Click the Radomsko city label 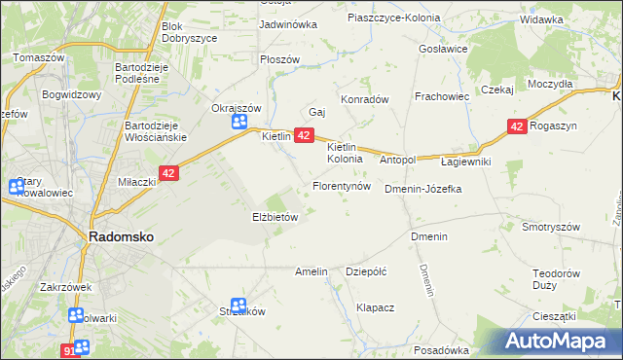click(x=120, y=236)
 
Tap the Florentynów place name click(x=341, y=185)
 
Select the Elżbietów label click(x=275, y=218)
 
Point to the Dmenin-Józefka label click(x=422, y=189)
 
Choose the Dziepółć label click(x=367, y=272)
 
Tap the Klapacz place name click(x=375, y=307)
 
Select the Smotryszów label click(x=551, y=227)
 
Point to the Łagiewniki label click(x=465, y=162)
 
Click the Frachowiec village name click(x=442, y=97)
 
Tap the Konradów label click(x=364, y=99)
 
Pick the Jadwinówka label click(x=289, y=24)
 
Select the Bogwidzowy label click(x=72, y=95)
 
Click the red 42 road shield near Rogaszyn click(x=517, y=126)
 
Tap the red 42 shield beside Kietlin click(x=303, y=135)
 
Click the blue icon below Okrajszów click(x=239, y=122)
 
